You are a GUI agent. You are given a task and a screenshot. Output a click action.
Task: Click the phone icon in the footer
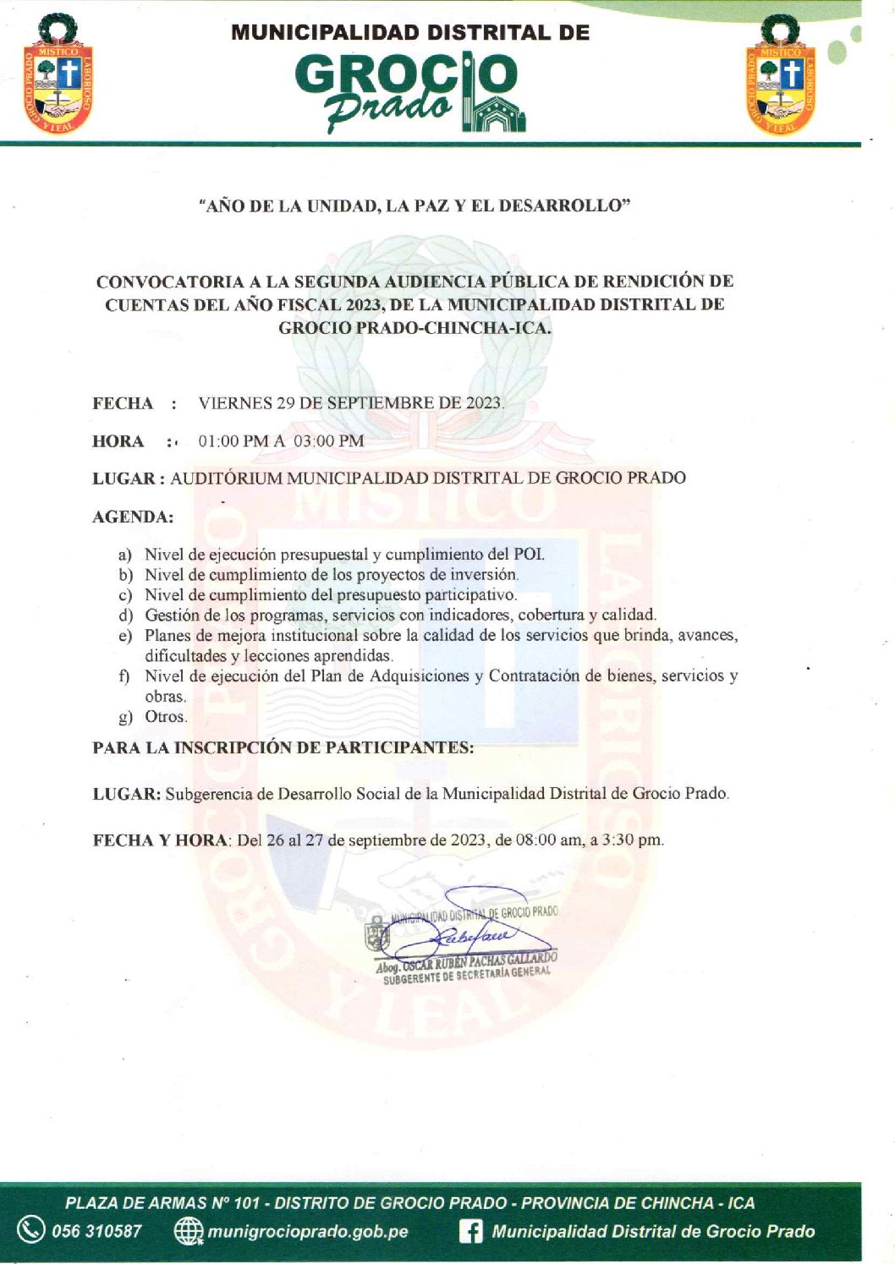pos(30,1229)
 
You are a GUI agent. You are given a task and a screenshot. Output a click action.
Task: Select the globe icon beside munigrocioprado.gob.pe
pos(188,1231)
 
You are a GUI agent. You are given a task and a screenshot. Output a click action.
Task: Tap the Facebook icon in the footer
pos(470,1231)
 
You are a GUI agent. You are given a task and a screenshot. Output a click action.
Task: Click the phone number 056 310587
pos(97,1231)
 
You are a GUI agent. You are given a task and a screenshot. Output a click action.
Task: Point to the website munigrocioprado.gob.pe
pos(308,1231)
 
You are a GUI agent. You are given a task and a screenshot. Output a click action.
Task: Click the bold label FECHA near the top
pos(123,403)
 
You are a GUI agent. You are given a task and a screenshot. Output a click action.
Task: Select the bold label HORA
pos(118,441)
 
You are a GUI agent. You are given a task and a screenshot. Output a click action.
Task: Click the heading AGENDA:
pos(133,517)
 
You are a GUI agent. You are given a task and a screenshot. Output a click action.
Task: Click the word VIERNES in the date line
pos(235,403)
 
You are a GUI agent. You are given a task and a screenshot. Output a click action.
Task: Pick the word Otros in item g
pos(165,717)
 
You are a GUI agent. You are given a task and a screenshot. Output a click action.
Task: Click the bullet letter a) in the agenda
pos(125,555)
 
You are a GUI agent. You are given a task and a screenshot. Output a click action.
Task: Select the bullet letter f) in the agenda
pos(125,676)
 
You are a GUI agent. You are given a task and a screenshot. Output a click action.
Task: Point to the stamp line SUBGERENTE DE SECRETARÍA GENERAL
pos(467,976)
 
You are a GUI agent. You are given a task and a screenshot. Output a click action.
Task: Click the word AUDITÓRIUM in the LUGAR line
pos(226,479)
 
